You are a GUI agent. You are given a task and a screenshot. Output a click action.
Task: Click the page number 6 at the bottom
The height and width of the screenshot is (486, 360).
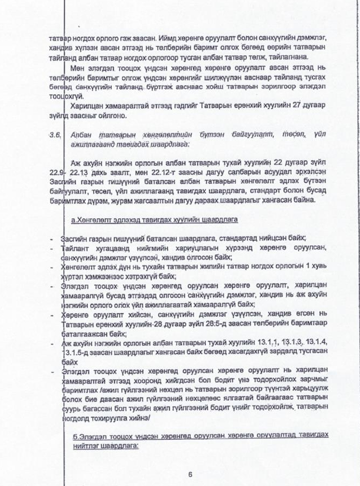coord(190,474)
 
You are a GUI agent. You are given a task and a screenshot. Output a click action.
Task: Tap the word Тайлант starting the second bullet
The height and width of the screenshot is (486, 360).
coord(73,247)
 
